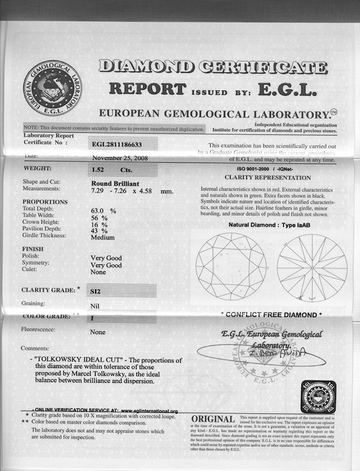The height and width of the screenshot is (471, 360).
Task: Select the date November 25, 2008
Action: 119,158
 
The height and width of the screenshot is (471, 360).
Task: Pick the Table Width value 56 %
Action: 99,217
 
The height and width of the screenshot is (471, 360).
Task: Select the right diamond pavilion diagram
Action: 312,267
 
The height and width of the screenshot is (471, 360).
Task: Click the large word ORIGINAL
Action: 214,421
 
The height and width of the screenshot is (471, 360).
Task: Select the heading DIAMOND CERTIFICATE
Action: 213,67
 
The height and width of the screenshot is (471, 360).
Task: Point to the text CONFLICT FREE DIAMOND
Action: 271,314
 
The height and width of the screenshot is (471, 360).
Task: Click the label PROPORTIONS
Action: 45,202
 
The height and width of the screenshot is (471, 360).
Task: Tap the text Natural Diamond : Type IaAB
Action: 269,226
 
